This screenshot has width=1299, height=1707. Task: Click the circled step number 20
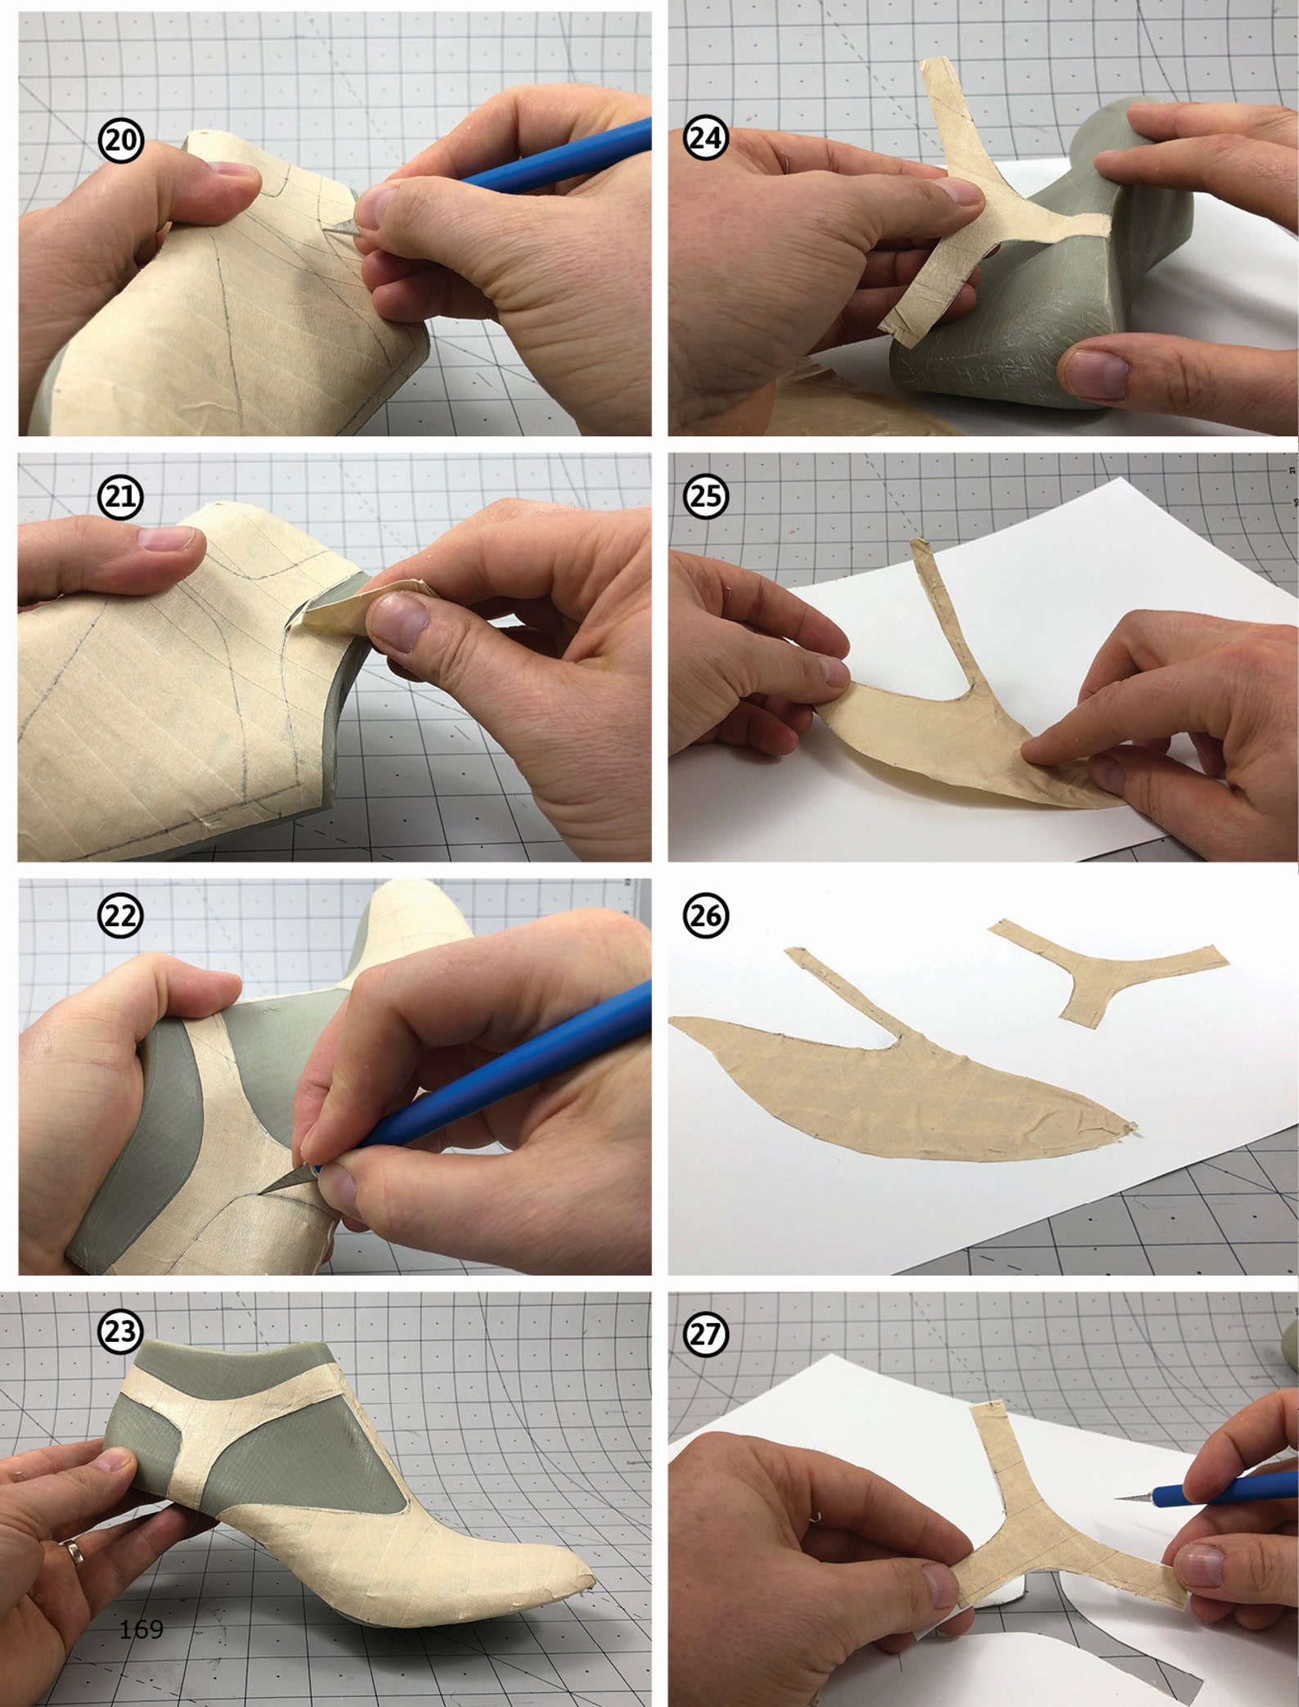pos(121,141)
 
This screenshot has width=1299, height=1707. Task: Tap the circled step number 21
pos(121,498)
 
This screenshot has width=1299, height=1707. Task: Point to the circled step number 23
pos(121,1331)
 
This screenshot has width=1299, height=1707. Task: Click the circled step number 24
pos(705,137)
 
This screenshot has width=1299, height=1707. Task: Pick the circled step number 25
pos(705,496)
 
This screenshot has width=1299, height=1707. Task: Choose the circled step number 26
pos(705,916)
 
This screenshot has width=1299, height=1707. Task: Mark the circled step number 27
pos(705,1335)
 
